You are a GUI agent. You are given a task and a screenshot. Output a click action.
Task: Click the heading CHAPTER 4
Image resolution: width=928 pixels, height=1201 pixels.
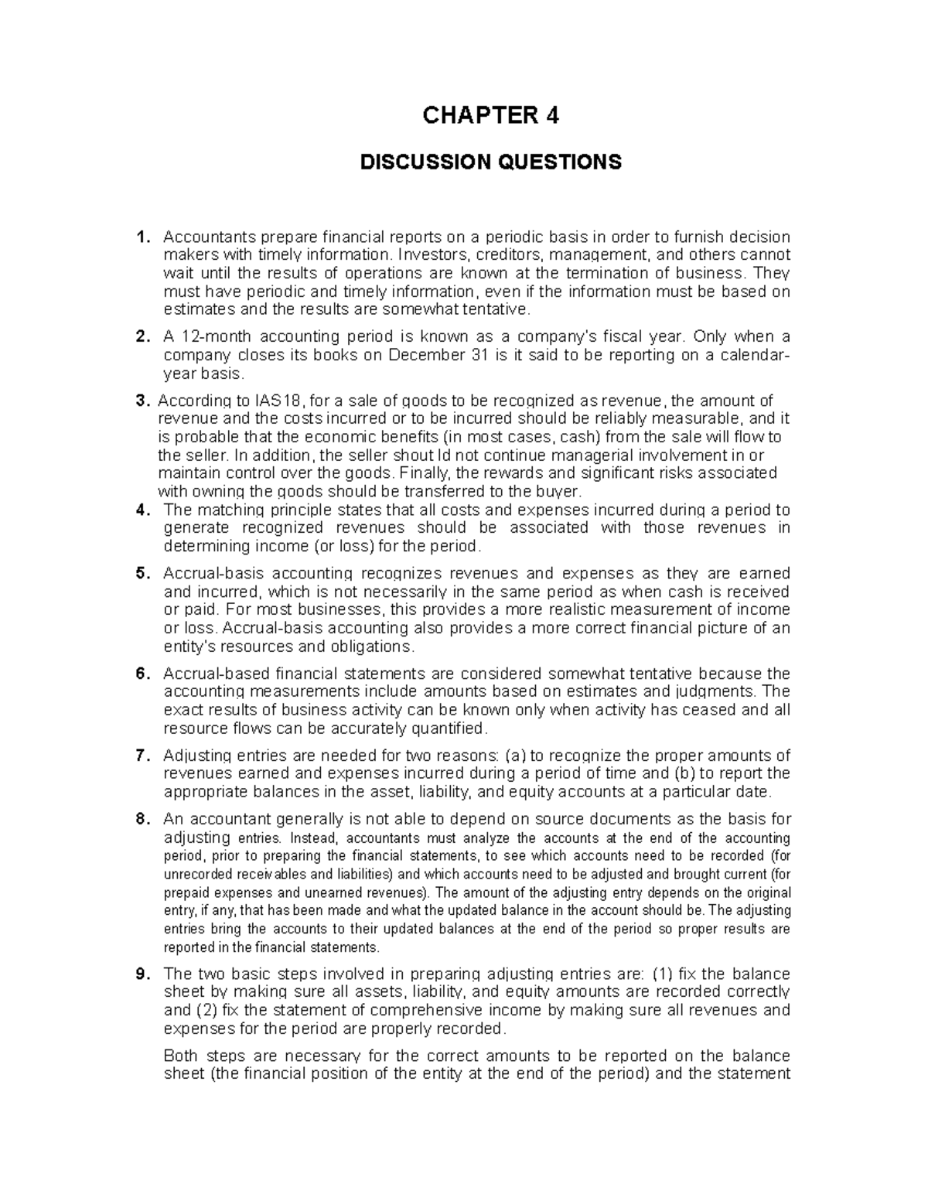coord(490,116)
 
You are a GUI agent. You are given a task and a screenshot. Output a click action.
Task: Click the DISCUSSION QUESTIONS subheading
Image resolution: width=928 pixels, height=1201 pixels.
coord(490,162)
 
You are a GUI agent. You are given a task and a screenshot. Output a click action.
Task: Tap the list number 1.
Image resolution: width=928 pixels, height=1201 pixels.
coord(140,237)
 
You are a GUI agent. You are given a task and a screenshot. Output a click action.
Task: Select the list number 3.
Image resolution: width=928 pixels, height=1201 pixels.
coord(140,401)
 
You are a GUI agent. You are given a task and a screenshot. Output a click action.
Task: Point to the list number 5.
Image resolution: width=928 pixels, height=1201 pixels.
coord(140,574)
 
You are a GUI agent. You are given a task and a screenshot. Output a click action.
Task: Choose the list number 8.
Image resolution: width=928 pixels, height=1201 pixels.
coord(140,819)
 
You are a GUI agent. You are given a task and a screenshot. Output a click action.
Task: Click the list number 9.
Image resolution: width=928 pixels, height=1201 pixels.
coord(140,974)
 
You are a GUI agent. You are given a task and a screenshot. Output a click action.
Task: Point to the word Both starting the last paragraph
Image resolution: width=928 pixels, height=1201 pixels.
coord(183,1056)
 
